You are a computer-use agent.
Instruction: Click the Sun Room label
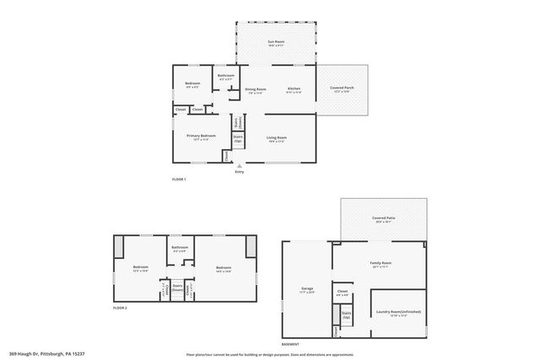277,41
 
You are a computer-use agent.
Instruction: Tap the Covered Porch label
342,89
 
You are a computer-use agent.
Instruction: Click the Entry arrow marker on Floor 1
239,166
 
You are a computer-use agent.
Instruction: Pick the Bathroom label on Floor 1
225,76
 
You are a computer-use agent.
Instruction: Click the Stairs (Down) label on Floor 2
177,287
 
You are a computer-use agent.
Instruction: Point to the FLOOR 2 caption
120,309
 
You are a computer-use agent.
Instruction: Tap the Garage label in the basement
307,289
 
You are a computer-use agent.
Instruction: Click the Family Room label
381,263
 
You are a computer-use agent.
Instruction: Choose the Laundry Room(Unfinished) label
397,312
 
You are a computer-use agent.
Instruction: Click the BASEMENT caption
289,343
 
